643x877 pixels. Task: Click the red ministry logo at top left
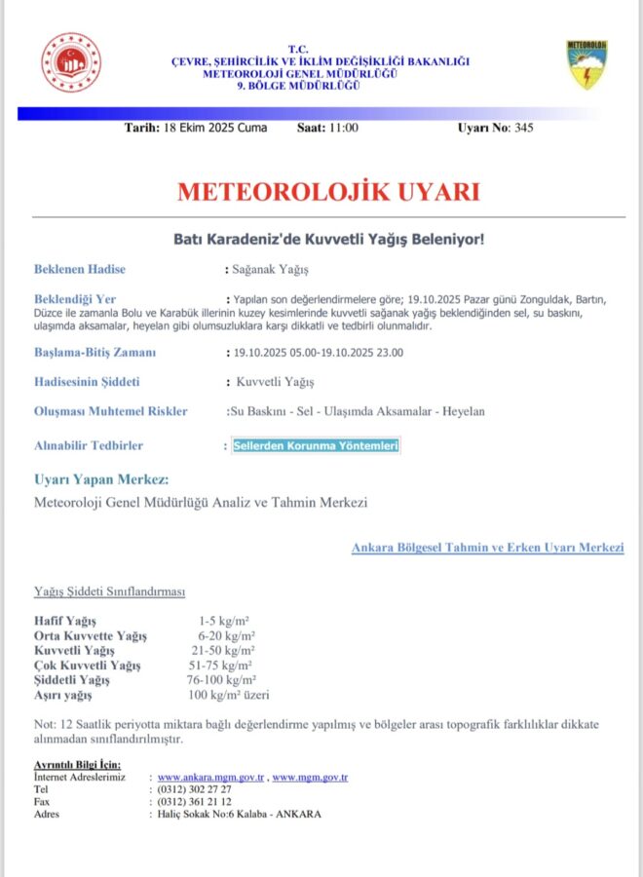click(69, 62)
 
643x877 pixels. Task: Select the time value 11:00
click(342, 128)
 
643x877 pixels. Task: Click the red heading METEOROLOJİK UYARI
click(328, 191)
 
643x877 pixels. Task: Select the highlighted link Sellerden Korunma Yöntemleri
click(317, 445)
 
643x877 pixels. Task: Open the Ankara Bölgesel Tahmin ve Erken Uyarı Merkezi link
click(487, 548)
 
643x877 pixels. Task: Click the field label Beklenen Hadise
click(80, 269)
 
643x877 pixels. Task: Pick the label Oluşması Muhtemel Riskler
click(110, 411)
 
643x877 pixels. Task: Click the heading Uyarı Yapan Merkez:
click(101, 479)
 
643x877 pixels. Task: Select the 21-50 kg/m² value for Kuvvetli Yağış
click(224, 650)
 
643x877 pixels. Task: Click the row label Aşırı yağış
click(62, 695)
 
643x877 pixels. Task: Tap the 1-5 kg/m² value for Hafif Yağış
click(225, 620)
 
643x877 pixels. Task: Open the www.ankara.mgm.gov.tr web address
click(210, 777)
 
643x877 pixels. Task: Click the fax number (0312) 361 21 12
click(194, 801)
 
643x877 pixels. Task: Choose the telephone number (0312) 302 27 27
click(194, 788)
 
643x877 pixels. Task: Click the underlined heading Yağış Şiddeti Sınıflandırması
click(109, 591)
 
